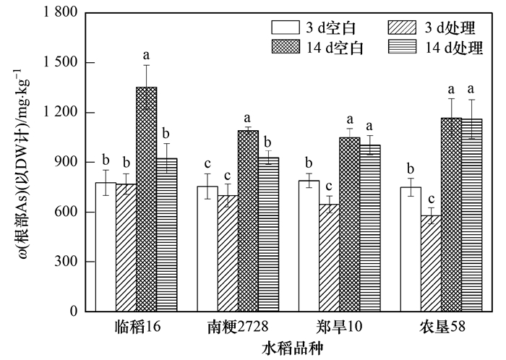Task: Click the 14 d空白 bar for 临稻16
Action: click(147, 199)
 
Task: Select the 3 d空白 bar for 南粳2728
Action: click(207, 249)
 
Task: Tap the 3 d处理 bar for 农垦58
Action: click(431, 264)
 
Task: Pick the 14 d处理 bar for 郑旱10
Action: click(370, 228)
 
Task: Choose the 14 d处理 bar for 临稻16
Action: click(167, 235)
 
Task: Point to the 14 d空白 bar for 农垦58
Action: click(452, 215)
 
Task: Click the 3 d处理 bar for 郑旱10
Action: click(329, 258)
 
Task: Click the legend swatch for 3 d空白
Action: click(286, 27)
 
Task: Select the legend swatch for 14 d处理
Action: click(402, 47)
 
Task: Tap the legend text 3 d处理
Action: click(450, 28)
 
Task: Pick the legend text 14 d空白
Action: click(335, 48)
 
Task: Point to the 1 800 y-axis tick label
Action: click(61, 12)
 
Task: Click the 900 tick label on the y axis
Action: click(67, 162)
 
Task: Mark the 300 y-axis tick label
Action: click(67, 261)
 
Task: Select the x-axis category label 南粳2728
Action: click(238, 327)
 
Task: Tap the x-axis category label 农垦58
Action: click(442, 327)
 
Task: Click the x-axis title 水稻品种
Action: click(292, 348)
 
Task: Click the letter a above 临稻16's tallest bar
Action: click(147, 56)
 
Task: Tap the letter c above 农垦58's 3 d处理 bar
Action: click(431, 199)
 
